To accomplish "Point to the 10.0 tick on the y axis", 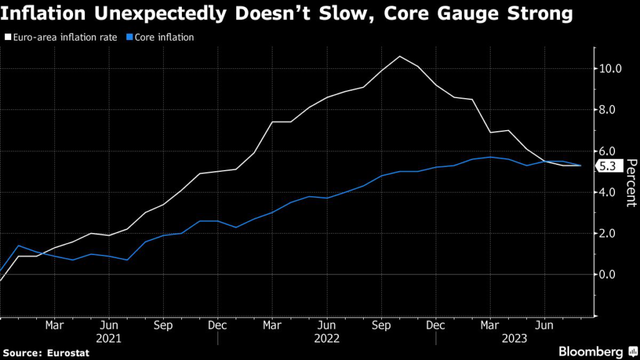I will [610, 68].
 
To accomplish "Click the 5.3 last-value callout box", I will [607, 166].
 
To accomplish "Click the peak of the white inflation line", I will [400, 56].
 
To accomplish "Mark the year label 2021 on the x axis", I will [109, 338].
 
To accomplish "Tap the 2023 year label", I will [516, 338].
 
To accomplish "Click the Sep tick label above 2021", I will [163, 326].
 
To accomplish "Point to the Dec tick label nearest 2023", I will [436, 326].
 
